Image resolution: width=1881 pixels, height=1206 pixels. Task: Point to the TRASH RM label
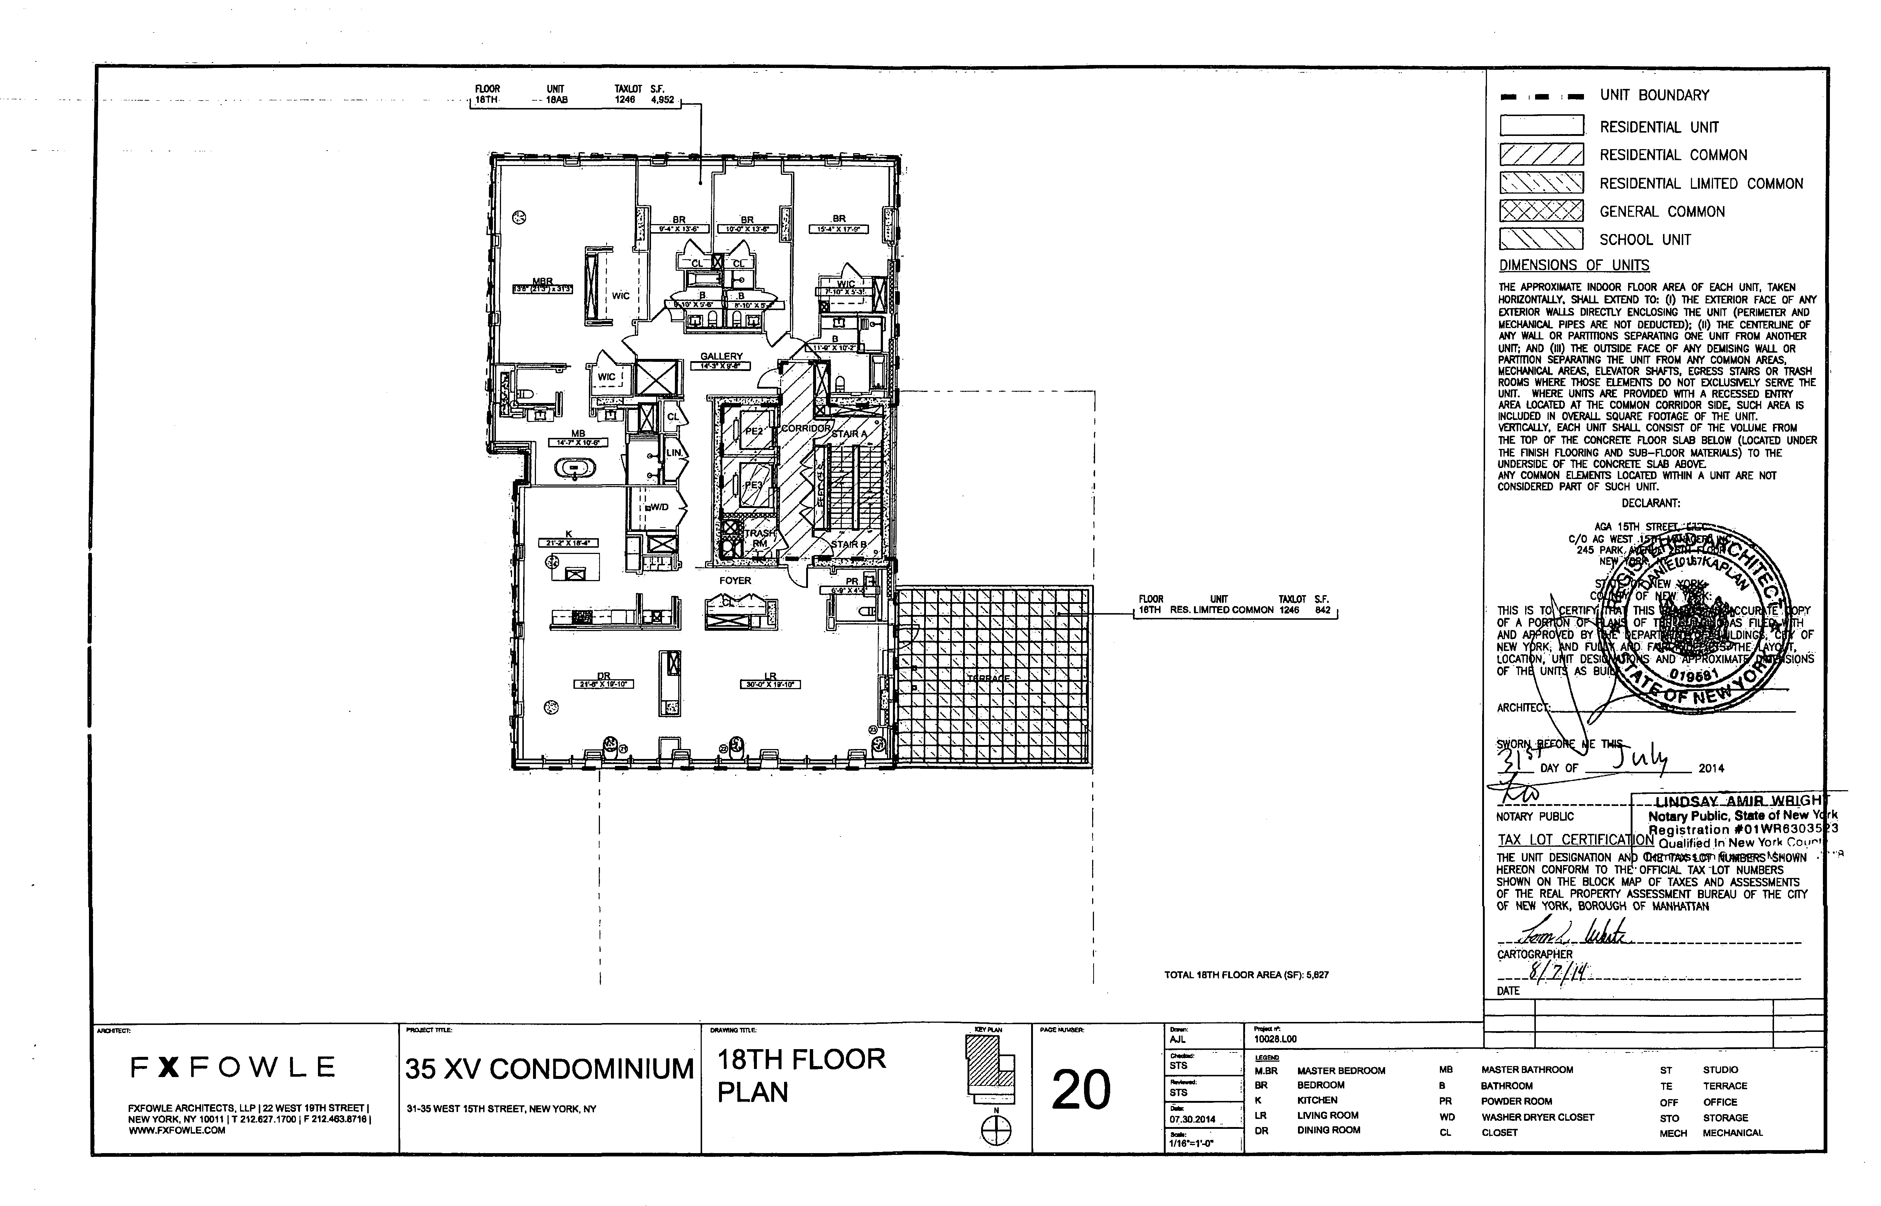click(x=759, y=538)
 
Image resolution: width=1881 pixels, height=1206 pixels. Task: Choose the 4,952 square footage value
click(x=662, y=100)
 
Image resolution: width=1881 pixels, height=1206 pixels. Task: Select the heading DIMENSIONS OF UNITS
click(x=1574, y=266)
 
